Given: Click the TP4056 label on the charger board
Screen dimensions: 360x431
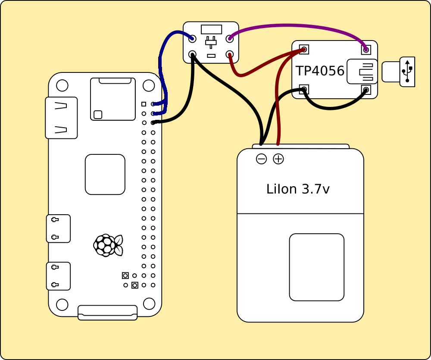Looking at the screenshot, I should [x=320, y=71].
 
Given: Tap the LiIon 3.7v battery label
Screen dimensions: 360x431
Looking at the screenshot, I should [x=298, y=189].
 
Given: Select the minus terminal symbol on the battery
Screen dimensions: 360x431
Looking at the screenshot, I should [x=261, y=159].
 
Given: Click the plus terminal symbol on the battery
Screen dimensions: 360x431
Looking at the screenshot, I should [x=278, y=159].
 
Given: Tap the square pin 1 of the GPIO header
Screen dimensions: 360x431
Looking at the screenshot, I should [x=144, y=104].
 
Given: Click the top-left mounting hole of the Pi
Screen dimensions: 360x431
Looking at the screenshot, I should [x=62, y=85].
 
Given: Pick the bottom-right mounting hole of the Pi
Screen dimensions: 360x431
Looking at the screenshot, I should [x=149, y=304].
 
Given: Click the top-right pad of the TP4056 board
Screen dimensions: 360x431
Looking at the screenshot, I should [x=366, y=50].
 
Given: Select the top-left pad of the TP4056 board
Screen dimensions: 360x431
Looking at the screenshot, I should [x=304, y=50].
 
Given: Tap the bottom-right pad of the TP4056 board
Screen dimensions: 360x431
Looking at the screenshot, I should [x=366, y=90].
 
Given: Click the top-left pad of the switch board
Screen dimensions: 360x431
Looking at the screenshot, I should [x=192, y=39].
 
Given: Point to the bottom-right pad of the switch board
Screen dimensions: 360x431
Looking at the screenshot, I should [x=230, y=55].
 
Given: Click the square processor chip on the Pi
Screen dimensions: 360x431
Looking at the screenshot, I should [x=105, y=174].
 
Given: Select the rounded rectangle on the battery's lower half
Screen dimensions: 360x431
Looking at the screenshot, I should [x=317, y=267].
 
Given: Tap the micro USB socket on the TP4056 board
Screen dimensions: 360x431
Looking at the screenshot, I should [x=362, y=71].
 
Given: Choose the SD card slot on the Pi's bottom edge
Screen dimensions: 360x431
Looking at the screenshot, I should [x=107, y=312].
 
